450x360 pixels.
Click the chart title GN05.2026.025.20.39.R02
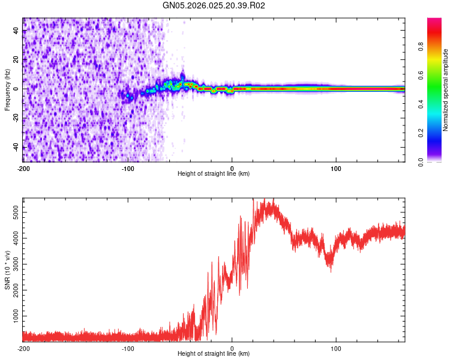(x=214, y=6)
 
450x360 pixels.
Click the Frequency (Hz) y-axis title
(x=7, y=90)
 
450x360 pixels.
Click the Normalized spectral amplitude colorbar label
(x=445, y=90)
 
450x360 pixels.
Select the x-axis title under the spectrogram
(x=214, y=173)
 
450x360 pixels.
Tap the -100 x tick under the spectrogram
(x=128, y=167)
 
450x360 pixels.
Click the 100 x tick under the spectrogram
(x=337, y=167)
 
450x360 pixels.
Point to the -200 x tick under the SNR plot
(x=23, y=348)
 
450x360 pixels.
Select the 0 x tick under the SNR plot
(x=232, y=348)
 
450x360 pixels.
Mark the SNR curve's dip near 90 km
(x=329, y=269)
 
